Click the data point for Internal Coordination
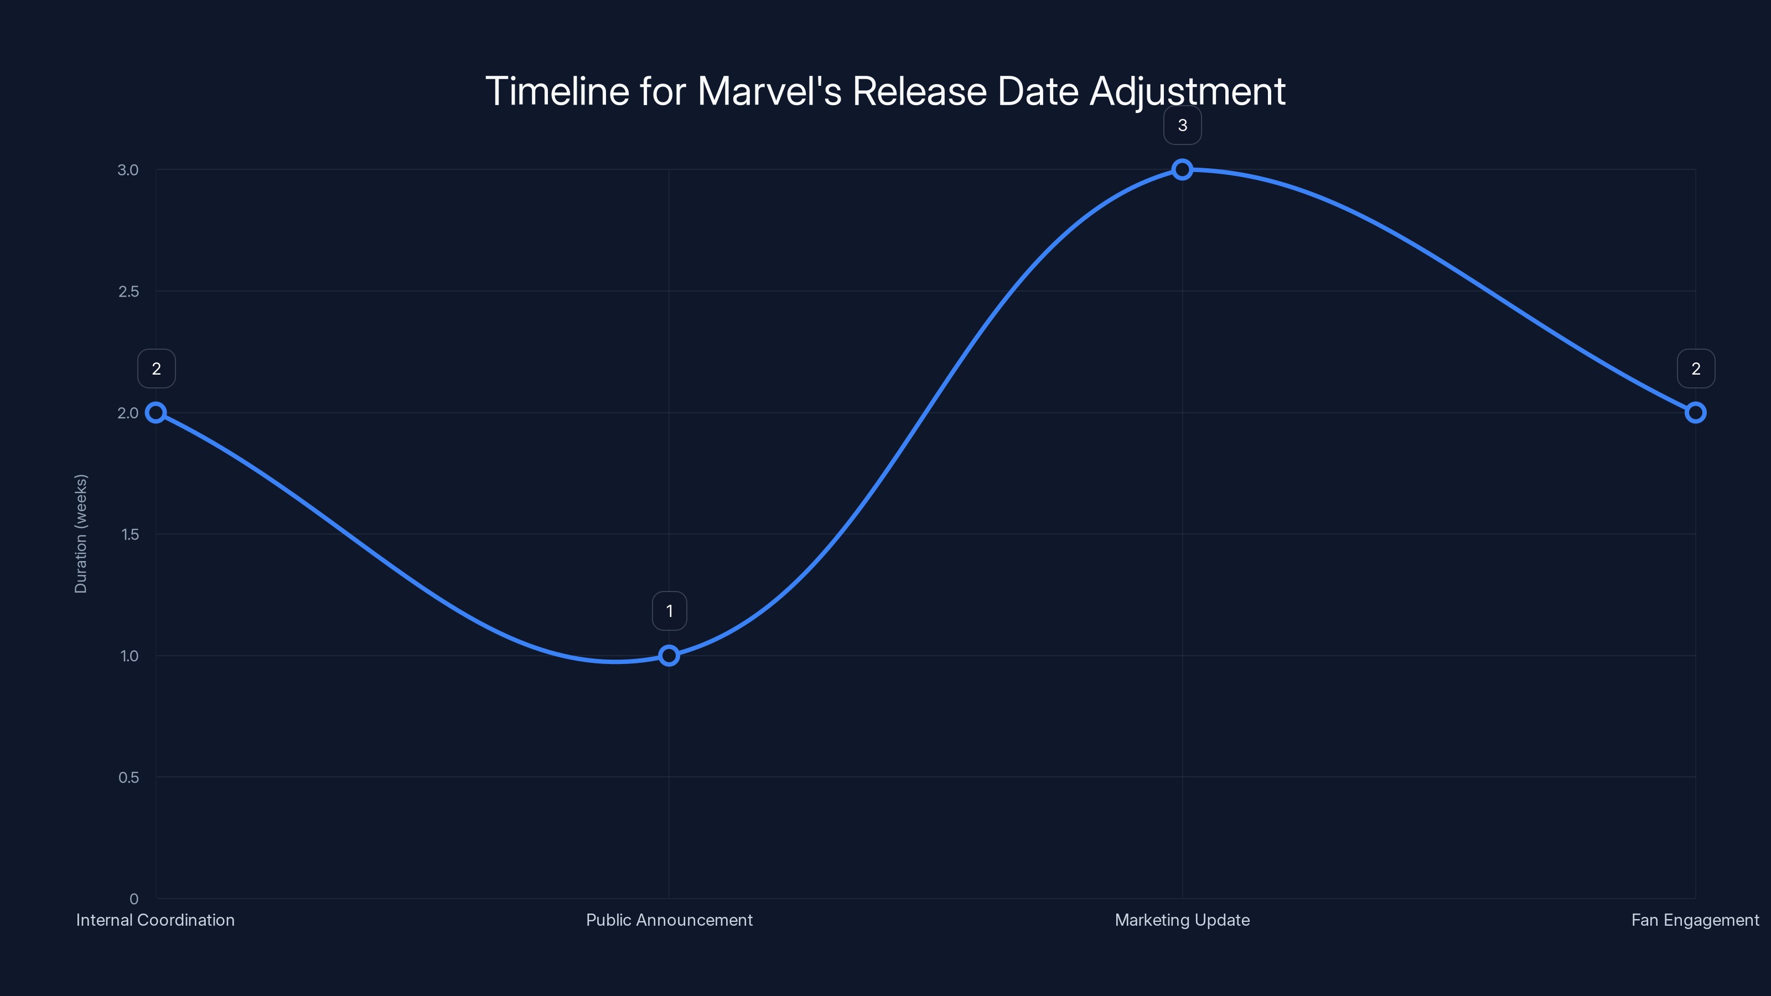tap(156, 412)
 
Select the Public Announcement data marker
tap(669, 656)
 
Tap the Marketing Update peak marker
tap(1182, 170)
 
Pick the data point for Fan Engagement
tap(1695, 412)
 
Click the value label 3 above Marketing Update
tap(1182, 126)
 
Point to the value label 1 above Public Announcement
tap(669, 611)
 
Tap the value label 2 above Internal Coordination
tap(156, 369)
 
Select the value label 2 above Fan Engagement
tap(1695, 369)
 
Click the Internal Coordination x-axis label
tap(156, 920)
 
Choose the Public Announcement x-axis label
tap(669, 920)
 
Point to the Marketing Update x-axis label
tap(1182, 920)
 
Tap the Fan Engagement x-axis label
tap(1695, 920)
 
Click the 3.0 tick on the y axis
tap(128, 170)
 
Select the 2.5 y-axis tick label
tap(128, 292)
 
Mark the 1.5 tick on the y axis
tap(130, 534)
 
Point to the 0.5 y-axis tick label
tap(128, 777)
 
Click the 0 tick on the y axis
tap(134, 899)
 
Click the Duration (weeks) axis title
tap(81, 533)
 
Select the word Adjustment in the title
tap(1187, 91)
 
